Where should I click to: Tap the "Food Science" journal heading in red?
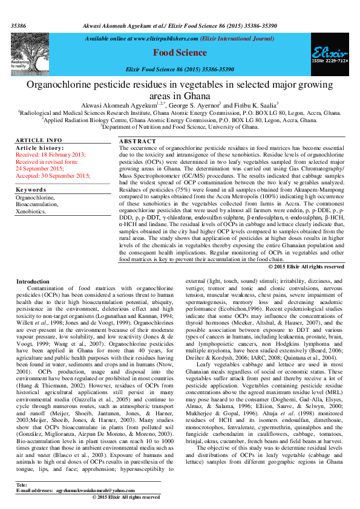click(180, 53)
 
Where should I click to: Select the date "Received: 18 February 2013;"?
click(50, 155)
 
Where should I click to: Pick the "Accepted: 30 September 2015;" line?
click(53, 175)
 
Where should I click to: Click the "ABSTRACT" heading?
click(137, 141)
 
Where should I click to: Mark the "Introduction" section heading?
click(33, 282)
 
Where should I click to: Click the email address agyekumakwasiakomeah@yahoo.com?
click(95, 491)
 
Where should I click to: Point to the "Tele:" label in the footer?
click(21, 485)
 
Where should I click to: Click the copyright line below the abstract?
click(306, 267)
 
